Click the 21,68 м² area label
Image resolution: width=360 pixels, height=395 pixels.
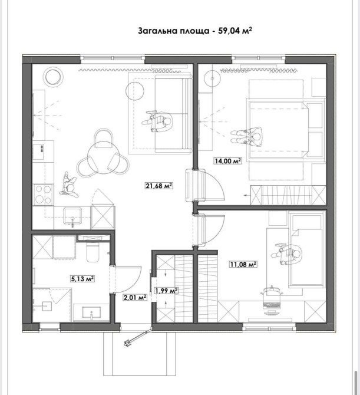pyautogui.click(x=159, y=186)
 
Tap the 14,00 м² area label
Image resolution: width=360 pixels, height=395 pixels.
pyautogui.click(x=228, y=161)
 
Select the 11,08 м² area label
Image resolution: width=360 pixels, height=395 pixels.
pyautogui.click(x=243, y=264)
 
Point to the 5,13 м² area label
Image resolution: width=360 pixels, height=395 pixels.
pyautogui.click(x=83, y=279)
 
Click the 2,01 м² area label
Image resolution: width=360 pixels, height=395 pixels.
pyautogui.click(x=135, y=298)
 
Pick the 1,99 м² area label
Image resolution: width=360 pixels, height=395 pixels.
pyautogui.click(x=166, y=291)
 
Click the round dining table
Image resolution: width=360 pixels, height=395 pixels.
pyautogui.click(x=104, y=157)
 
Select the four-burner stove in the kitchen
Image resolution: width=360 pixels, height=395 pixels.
pyautogui.click(x=43, y=195)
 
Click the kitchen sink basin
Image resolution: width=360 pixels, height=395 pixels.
pyautogui.click(x=72, y=216)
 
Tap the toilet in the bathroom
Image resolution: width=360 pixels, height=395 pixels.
pyautogui.click(x=93, y=252)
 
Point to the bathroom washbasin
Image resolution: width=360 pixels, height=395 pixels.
pyautogui.click(x=91, y=312)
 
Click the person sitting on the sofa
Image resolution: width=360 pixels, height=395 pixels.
pyautogui.click(x=157, y=121)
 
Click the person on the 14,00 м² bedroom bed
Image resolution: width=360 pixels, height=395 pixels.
pyautogui.click(x=247, y=136)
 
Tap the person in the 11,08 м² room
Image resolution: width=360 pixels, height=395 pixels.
pyautogui.click(x=286, y=254)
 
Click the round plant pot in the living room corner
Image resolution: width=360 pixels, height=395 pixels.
pyautogui.click(x=53, y=76)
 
